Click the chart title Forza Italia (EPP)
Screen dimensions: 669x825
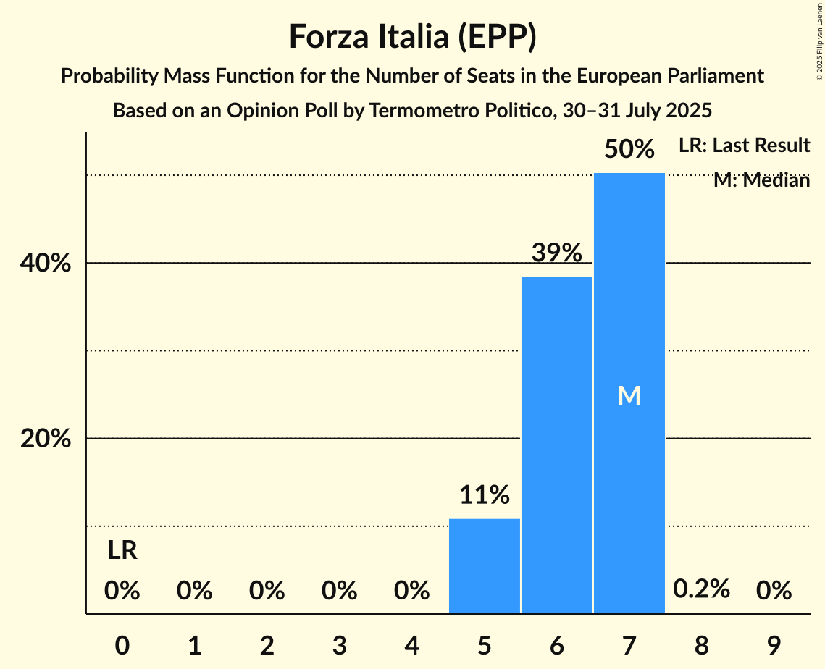412,36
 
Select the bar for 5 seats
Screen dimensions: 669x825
485,566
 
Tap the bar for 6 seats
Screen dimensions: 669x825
557,445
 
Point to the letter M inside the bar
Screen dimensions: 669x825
629,395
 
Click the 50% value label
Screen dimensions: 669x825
629,149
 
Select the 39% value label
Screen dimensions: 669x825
557,253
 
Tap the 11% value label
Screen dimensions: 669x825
485,495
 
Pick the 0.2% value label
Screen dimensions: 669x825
701,589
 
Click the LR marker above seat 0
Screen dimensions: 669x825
122,551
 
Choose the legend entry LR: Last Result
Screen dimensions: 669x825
744,146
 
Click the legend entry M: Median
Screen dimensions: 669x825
761,180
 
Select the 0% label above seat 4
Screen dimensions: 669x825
412,591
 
